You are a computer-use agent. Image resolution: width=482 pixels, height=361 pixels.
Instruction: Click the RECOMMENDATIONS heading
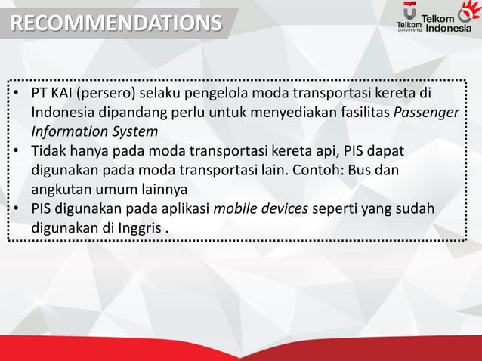tap(116, 23)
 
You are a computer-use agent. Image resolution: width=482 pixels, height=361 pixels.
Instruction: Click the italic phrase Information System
tap(94, 131)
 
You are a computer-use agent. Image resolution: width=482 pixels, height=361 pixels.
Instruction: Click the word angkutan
tap(62, 187)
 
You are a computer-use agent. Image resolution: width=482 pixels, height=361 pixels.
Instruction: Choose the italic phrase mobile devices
tap(261, 207)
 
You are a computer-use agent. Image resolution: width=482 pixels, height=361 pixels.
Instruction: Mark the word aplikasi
tap(184, 207)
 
